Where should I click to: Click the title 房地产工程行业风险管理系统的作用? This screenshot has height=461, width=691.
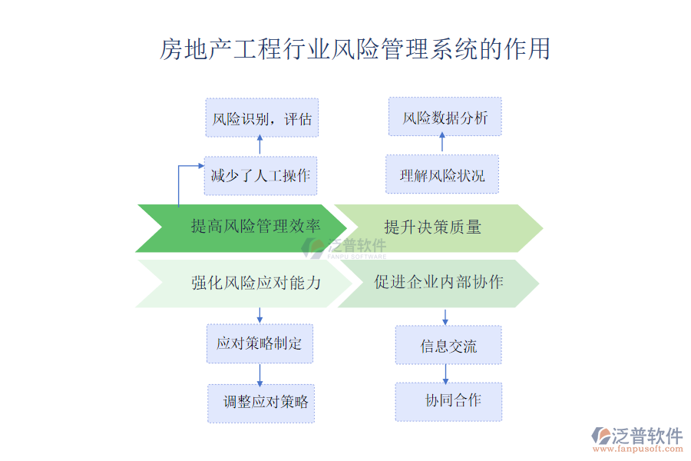tap(355, 49)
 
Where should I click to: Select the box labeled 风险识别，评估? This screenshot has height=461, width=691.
tap(262, 118)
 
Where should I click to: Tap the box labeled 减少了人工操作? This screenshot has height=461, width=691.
tap(261, 176)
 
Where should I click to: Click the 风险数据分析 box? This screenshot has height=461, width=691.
tap(445, 118)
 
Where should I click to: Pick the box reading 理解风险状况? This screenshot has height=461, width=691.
tap(442, 174)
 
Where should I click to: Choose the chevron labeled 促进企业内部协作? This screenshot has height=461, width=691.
tap(438, 283)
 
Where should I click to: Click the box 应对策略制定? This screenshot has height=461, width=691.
tap(260, 343)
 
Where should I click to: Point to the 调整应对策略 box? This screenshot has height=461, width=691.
tap(262, 403)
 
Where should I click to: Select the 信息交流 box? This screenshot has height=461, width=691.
tap(448, 345)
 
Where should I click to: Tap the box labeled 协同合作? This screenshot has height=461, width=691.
tap(448, 401)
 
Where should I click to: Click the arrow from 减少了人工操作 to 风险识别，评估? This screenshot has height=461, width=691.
tap(260, 146)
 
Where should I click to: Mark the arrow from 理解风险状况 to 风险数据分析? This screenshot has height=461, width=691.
tap(441, 141)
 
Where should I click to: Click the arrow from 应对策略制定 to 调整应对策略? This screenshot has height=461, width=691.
tap(260, 373)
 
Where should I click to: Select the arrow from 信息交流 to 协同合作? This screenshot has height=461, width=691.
tap(445, 373)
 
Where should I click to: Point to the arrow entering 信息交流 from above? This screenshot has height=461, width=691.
tap(445, 317)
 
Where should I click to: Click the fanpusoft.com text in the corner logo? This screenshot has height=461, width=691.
tap(640, 451)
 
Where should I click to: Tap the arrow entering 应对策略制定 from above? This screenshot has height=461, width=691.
tap(260, 315)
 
